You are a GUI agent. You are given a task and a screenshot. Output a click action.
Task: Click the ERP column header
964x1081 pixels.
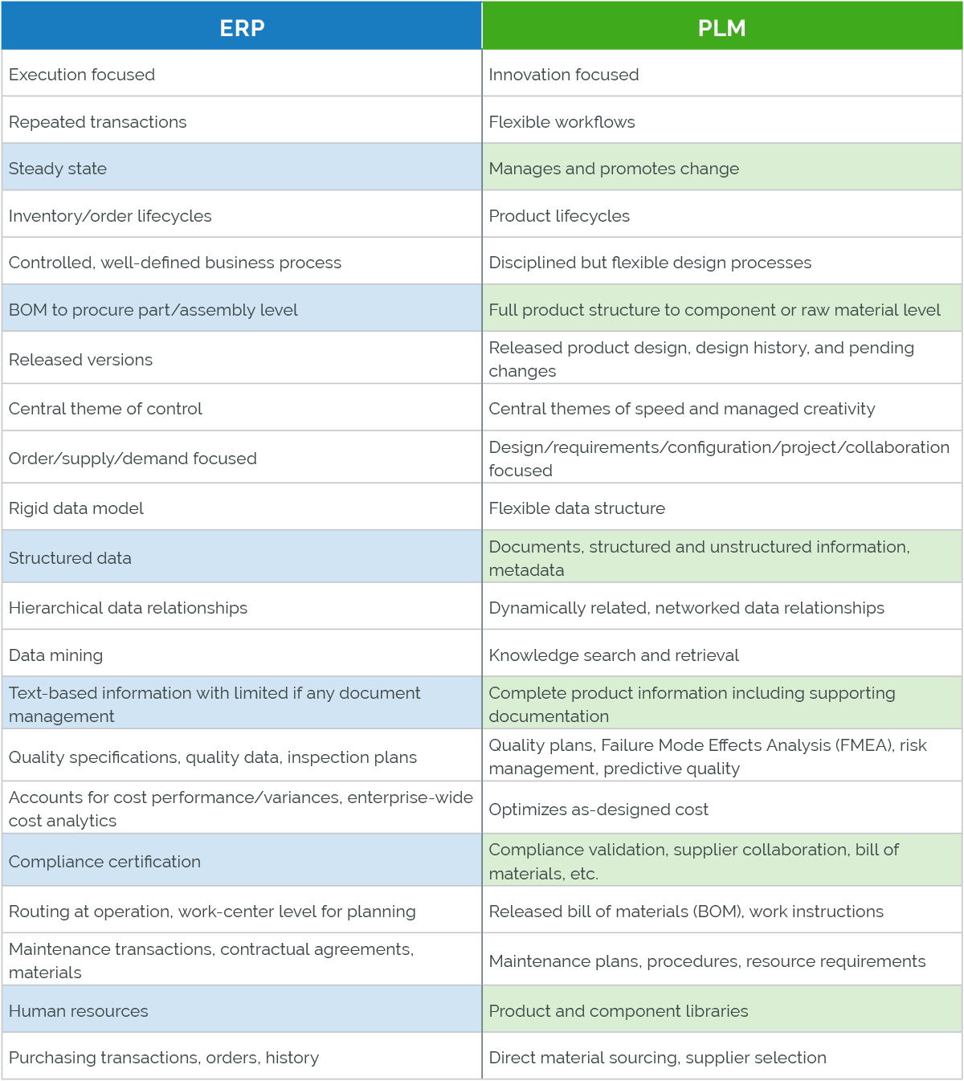(242, 28)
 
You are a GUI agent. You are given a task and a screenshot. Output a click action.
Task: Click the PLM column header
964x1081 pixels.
(721, 28)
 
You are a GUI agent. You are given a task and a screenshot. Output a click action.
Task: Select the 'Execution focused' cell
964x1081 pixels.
(82, 75)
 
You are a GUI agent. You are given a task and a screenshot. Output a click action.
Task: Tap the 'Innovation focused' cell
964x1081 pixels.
(564, 75)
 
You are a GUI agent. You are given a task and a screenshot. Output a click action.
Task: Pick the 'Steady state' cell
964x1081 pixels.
(58, 169)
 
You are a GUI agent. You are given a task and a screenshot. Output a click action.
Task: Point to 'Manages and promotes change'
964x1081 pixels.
(614, 169)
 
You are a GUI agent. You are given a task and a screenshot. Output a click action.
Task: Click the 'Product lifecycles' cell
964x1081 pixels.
(559, 216)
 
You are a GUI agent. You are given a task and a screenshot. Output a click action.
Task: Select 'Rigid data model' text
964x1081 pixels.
(76, 508)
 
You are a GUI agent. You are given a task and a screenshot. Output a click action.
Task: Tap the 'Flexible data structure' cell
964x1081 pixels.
(577, 508)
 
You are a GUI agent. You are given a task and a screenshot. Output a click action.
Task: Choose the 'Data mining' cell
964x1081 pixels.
(56, 655)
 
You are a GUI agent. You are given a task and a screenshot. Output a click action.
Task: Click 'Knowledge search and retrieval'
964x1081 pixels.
(614, 655)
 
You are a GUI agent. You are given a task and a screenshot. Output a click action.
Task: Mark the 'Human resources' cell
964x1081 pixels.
(79, 1011)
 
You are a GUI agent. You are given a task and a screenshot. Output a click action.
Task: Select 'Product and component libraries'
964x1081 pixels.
(619, 1011)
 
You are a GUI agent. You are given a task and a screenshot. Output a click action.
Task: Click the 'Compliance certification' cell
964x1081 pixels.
(104, 862)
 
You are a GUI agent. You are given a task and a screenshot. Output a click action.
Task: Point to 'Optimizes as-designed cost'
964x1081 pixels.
(598, 810)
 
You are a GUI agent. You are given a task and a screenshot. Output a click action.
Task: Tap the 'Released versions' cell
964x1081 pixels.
(80, 360)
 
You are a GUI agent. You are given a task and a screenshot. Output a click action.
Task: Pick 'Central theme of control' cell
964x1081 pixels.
(105, 409)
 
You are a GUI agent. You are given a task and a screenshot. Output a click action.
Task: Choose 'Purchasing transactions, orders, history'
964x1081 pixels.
(164, 1058)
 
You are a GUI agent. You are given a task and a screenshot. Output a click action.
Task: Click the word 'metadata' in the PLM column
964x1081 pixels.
(526, 570)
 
